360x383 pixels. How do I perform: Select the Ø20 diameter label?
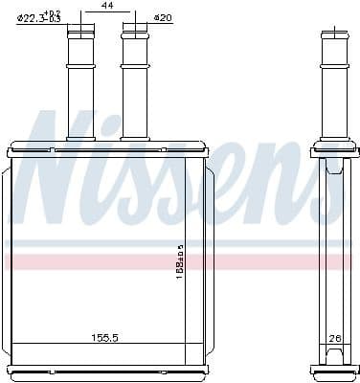[x=164, y=18]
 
